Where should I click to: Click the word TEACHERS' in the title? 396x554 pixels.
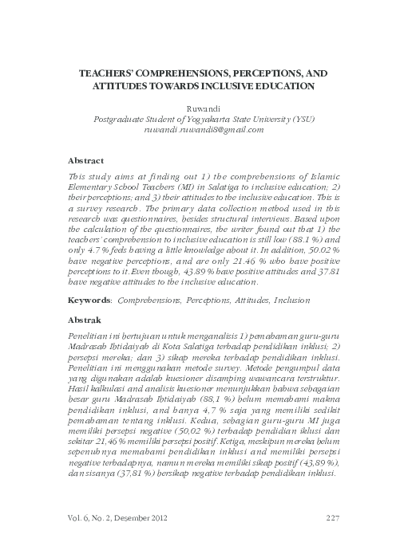[111, 71]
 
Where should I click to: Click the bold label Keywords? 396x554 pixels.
[89, 301]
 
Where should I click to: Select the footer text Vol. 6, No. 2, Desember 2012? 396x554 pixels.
[118, 519]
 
